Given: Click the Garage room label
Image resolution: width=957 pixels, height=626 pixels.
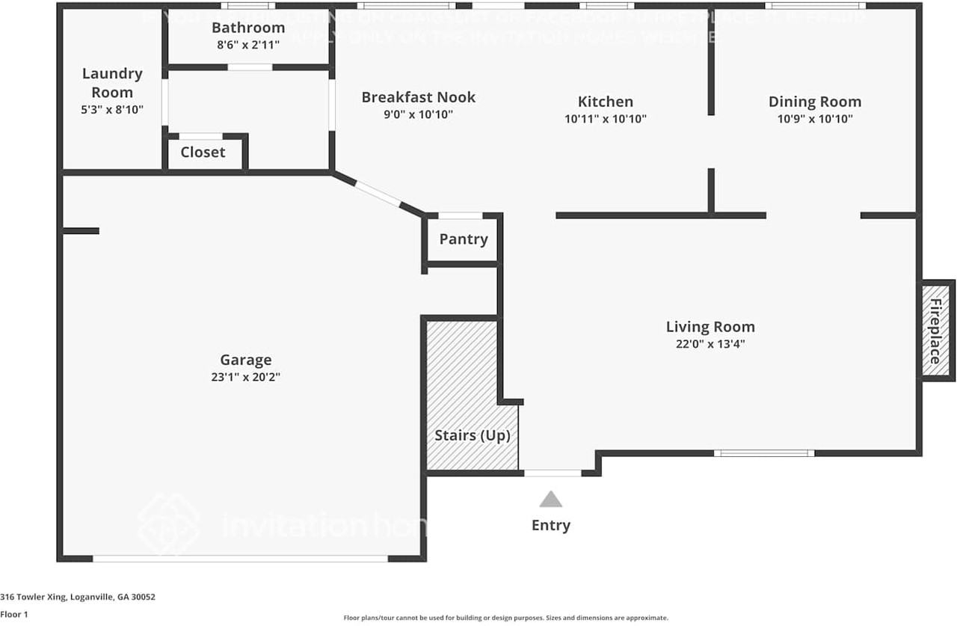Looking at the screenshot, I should (x=245, y=360).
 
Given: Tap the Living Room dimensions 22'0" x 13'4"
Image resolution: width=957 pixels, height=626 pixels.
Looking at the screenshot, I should (x=710, y=344).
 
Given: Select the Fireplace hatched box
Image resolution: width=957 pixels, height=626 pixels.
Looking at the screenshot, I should (x=935, y=331).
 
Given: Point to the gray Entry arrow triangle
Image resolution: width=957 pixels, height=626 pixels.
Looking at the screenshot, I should (x=551, y=499).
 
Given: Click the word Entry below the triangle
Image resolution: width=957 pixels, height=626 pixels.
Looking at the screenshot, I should (x=551, y=525).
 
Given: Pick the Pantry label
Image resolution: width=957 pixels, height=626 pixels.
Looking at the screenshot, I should (x=464, y=239).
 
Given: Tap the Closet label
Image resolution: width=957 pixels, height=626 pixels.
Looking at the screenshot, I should (x=203, y=152).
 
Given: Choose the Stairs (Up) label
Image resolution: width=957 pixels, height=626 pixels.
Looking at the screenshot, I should (x=473, y=435).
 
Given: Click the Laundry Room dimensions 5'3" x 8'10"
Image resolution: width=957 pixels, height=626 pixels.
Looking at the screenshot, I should (x=112, y=109).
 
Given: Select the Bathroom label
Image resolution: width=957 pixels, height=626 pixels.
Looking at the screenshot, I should (x=248, y=28).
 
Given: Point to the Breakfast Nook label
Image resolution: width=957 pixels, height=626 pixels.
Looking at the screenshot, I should (x=419, y=97).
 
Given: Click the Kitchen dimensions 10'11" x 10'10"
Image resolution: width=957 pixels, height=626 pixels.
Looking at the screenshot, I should (x=606, y=118).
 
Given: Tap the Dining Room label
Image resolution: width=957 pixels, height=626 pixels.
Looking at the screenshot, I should (x=815, y=102).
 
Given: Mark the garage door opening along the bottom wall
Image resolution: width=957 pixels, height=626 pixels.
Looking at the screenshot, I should (x=240, y=558).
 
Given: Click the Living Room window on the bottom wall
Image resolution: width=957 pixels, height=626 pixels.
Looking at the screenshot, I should (x=764, y=452).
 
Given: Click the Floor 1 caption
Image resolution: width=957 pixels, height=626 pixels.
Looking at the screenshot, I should (x=13, y=614).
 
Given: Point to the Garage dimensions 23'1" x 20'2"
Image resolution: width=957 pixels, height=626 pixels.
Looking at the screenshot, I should (x=245, y=378).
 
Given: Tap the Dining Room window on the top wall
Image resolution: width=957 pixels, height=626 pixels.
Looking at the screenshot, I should (x=815, y=6).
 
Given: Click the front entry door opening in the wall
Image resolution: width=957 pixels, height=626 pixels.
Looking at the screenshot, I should (x=553, y=473).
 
